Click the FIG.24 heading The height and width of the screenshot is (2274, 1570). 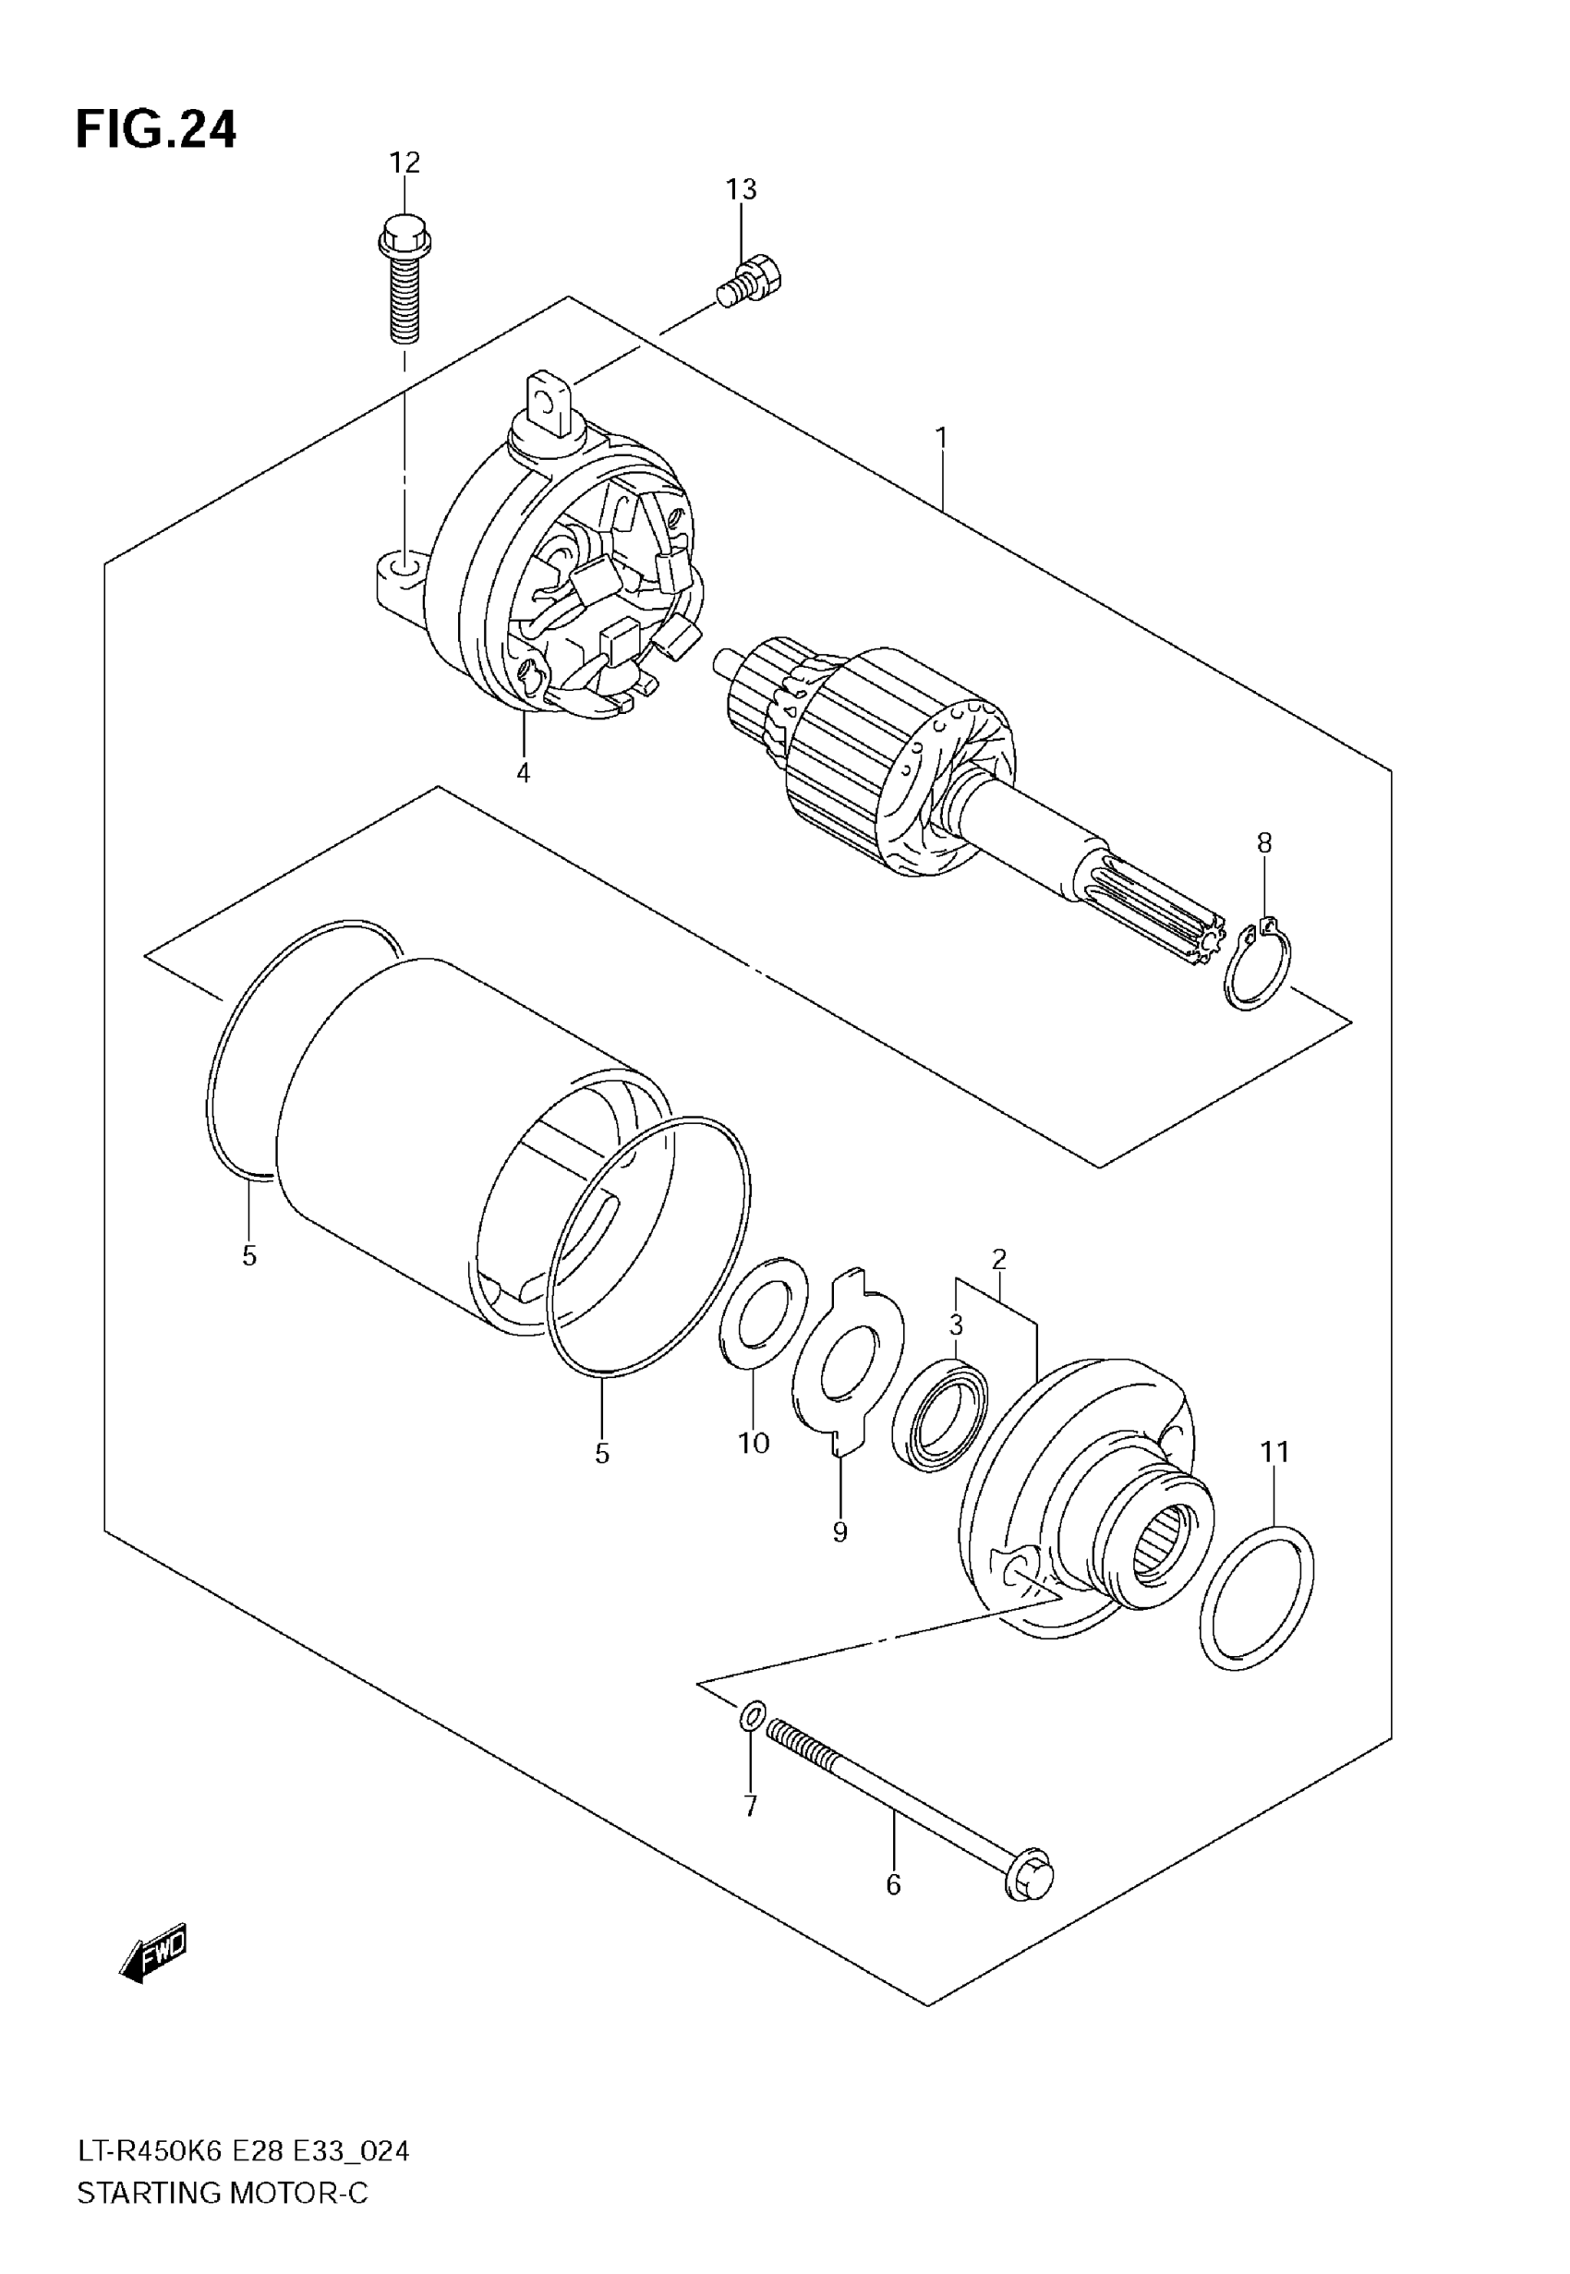[155, 130]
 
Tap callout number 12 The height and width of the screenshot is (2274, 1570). [405, 163]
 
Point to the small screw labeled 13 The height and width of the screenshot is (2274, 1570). [753, 278]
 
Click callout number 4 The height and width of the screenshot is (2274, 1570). [524, 773]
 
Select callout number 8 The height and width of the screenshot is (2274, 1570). [1264, 842]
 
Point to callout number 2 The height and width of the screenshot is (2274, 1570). [999, 1258]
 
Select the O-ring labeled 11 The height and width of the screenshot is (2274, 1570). [1257, 1598]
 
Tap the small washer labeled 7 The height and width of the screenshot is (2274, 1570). [750, 1717]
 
